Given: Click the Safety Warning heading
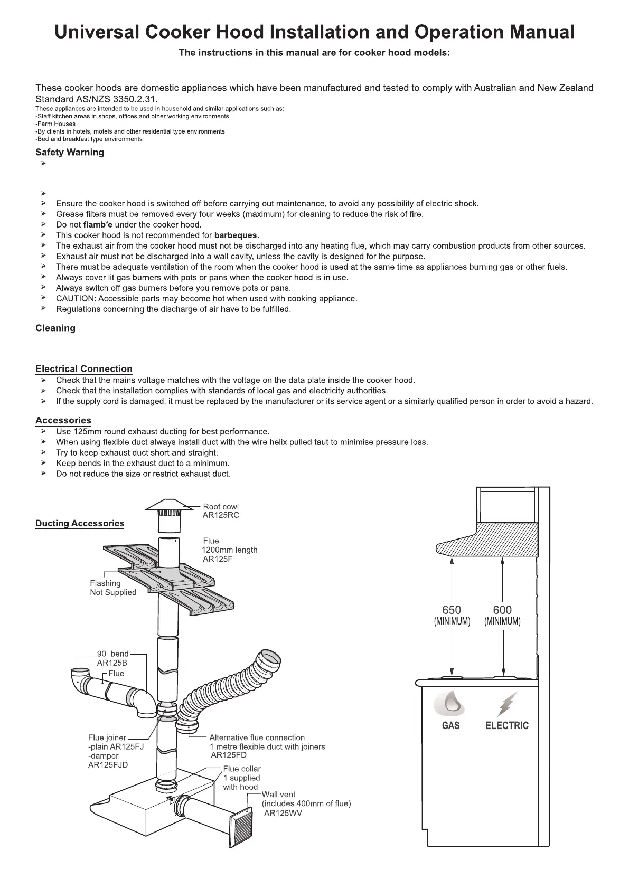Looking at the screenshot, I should [70, 153].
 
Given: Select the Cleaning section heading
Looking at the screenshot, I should [55, 328].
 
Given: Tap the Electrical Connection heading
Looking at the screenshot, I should [84, 369].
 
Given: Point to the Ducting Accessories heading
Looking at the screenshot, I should [80, 524].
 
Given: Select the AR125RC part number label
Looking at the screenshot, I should [221, 515].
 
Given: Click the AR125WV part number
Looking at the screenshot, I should [283, 813].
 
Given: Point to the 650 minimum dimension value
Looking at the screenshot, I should [452, 610].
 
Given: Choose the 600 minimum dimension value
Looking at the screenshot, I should [502, 610].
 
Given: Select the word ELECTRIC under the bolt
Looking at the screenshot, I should [506, 726].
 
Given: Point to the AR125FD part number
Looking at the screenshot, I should [229, 755].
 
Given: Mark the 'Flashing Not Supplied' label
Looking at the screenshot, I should [113, 588].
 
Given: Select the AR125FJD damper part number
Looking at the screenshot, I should [108, 765].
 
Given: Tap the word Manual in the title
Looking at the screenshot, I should [541, 32].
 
